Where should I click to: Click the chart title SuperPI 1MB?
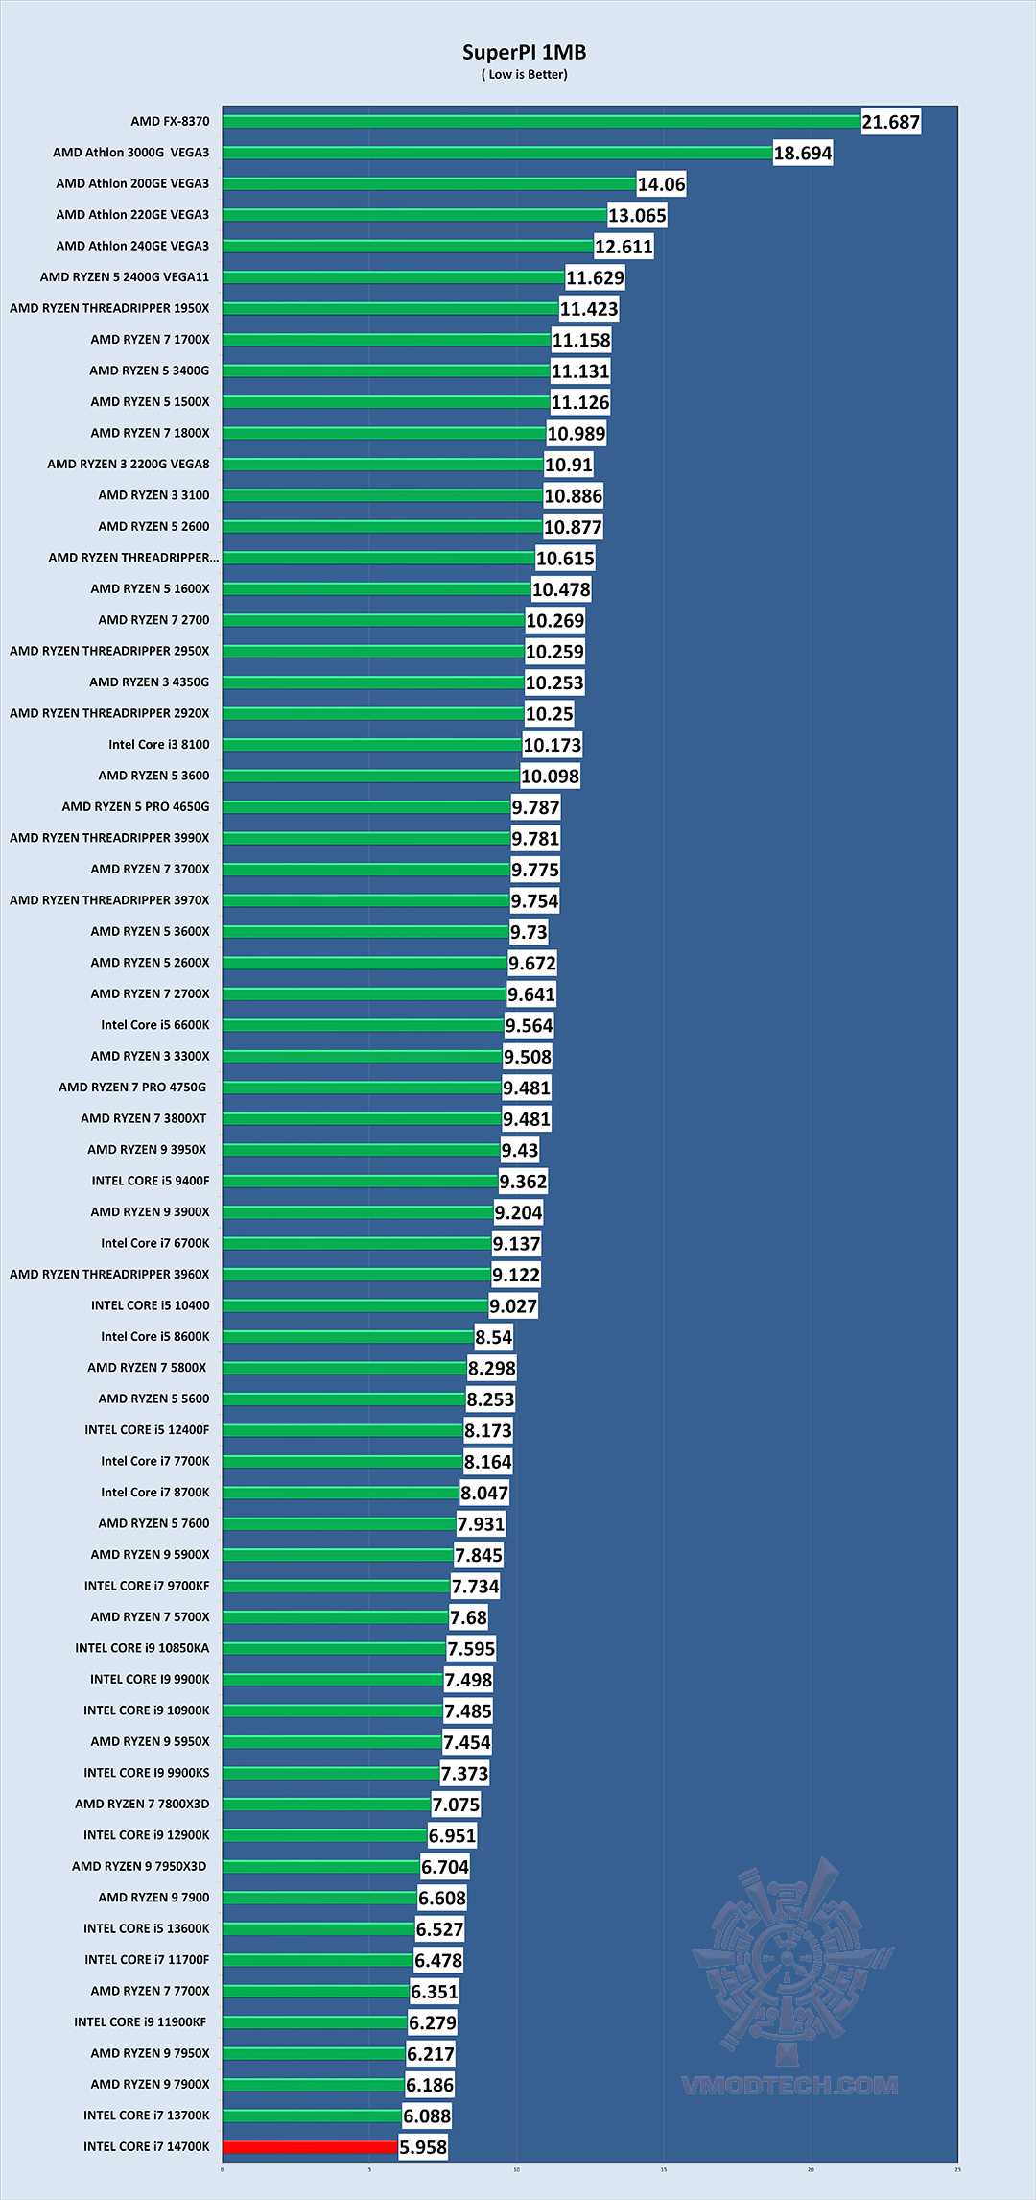[x=524, y=53]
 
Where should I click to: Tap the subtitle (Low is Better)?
[x=524, y=75]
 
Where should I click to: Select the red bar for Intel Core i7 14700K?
[x=310, y=2146]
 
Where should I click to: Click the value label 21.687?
[x=890, y=122]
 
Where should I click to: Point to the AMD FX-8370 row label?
[x=170, y=122]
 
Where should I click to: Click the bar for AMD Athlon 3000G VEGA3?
[x=497, y=153]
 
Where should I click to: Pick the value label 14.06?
[x=661, y=184]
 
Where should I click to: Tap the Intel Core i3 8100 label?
[x=158, y=745]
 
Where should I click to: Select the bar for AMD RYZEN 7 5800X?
[x=344, y=1368]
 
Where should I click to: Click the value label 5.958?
[x=423, y=2147]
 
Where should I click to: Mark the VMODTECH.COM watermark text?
[x=789, y=2085]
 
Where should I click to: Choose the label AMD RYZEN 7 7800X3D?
[x=142, y=1804]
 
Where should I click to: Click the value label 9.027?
[x=513, y=1305]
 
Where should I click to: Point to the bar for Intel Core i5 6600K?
[x=363, y=1025]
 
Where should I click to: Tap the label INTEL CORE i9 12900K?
[x=146, y=1835]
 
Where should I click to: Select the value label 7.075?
[x=456, y=1805]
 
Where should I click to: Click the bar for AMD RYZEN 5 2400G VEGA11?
[x=393, y=277]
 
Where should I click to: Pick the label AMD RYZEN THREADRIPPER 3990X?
[x=109, y=838]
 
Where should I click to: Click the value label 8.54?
[x=494, y=1337]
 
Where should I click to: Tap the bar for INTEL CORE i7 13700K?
[x=312, y=2116]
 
